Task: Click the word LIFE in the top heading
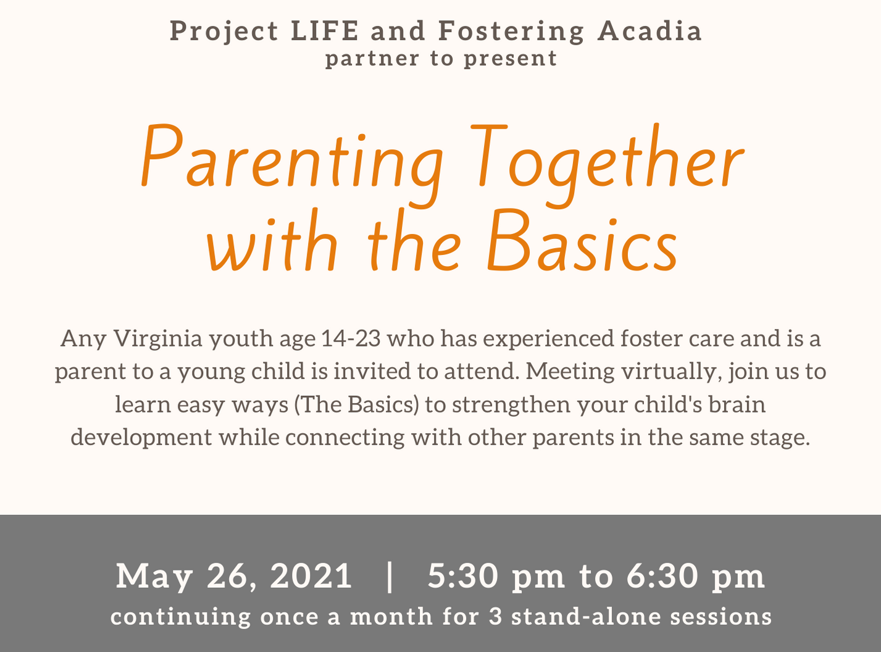[x=325, y=31]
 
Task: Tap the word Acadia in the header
[x=650, y=31]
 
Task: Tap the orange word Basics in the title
[x=582, y=241]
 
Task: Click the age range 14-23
[x=351, y=338]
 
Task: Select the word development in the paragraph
[x=141, y=438]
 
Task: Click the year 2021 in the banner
[x=311, y=576]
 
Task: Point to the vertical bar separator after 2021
[x=390, y=577]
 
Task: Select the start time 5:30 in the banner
[x=463, y=576]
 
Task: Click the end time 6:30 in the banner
[x=662, y=576]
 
